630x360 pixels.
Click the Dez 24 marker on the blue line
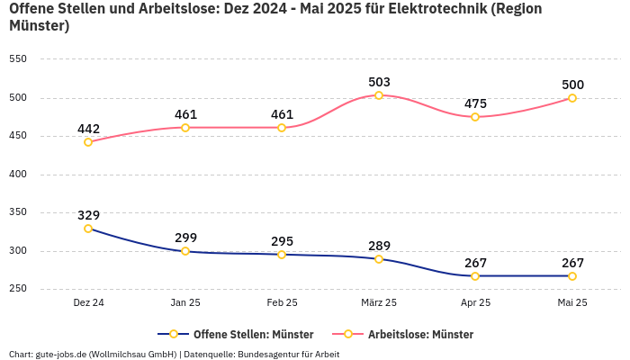[x=88, y=229]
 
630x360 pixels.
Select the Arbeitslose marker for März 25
[x=379, y=95]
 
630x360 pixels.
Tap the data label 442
[x=88, y=129]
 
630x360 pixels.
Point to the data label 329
[x=88, y=215]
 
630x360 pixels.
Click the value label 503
[x=379, y=82]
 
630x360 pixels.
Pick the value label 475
[x=475, y=103]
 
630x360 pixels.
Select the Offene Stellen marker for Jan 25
[x=185, y=251]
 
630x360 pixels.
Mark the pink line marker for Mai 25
[x=572, y=98]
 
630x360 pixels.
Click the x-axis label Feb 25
[x=282, y=303]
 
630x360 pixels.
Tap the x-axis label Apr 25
[x=475, y=303]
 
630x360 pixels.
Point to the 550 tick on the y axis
[x=18, y=59]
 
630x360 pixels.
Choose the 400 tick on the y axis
[x=18, y=175]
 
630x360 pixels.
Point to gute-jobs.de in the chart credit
[x=61, y=354]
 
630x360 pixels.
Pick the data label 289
[x=379, y=246]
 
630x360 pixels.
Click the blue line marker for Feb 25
[x=282, y=255]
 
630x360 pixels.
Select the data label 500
[x=572, y=85]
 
